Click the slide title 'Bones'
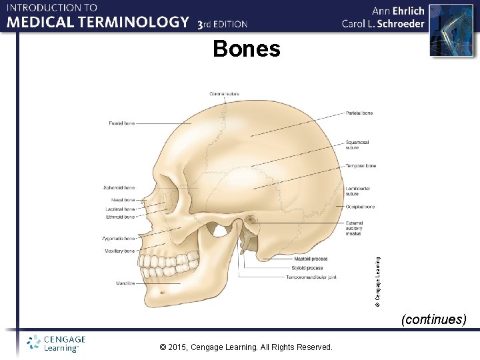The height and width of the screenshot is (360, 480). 247,49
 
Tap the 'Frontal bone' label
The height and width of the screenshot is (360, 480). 121,123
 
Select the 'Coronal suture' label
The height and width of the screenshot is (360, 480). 225,94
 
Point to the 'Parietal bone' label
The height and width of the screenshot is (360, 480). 359,113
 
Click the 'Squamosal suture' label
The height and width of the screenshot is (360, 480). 357,145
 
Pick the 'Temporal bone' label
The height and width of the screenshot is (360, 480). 361,166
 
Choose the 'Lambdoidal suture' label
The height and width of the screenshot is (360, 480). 357,191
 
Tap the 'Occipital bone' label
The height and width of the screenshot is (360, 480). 360,207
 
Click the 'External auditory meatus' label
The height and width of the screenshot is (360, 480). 355,229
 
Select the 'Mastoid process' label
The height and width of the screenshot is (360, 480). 310,259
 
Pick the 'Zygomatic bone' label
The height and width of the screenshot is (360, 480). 119,238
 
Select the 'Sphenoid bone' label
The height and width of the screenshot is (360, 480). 119,188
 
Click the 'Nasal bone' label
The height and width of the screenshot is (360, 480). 123,200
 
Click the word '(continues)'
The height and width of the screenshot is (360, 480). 433,319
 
